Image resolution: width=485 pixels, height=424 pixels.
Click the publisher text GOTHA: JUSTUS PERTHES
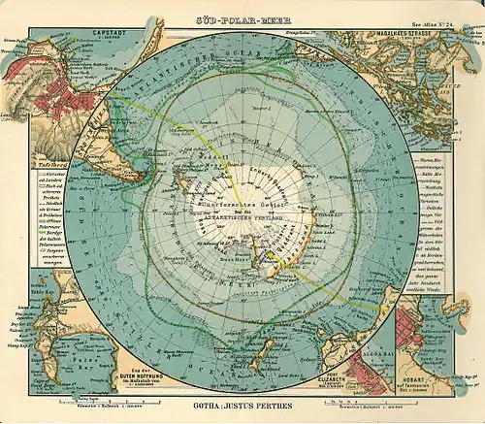pyautogui.click(x=243, y=401)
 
